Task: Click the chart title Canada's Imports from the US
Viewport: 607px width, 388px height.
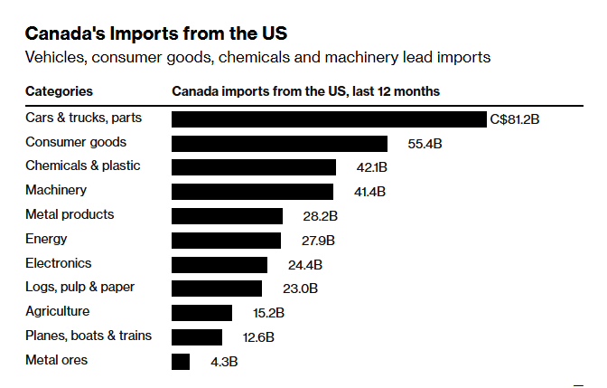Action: point(156,33)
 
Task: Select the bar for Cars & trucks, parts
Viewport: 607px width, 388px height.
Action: point(329,119)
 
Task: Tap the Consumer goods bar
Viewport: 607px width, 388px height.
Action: point(279,143)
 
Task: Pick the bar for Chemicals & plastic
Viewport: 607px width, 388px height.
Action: point(254,167)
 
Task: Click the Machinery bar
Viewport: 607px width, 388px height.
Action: point(252,192)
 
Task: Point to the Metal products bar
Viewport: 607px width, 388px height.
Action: point(227,216)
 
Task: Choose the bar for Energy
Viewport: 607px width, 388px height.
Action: point(226,240)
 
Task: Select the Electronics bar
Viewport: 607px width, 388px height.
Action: point(219,264)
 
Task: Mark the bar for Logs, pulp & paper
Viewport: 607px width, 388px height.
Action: point(217,289)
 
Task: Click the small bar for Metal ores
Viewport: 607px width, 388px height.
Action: point(181,362)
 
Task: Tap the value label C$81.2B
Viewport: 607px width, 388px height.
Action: point(515,118)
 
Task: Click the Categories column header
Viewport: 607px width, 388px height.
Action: point(59,91)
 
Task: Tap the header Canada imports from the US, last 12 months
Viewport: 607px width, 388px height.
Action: point(305,91)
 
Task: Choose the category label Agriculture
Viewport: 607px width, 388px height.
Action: point(58,311)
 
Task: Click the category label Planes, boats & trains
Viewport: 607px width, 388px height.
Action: point(89,336)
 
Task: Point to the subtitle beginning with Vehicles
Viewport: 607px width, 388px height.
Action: point(257,58)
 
